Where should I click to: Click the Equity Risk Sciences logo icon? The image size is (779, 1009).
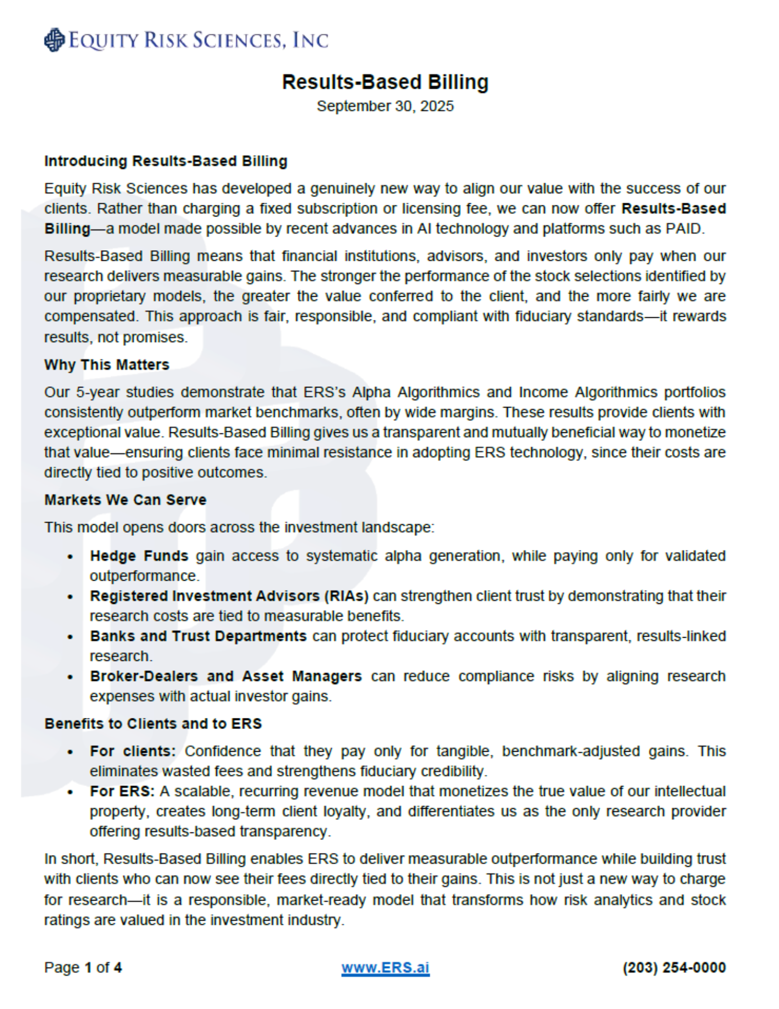[x=54, y=40]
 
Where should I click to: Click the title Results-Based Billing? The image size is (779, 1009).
[x=385, y=82]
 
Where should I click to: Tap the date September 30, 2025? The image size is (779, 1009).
[x=385, y=106]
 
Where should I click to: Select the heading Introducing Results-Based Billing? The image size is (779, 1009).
[x=165, y=161]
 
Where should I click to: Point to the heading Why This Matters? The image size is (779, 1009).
[x=106, y=365]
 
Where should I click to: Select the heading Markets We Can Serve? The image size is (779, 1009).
[x=125, y=500]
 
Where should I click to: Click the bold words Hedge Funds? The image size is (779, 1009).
[x=139, y=556]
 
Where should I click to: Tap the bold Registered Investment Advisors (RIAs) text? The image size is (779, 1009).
[x=229, y=596]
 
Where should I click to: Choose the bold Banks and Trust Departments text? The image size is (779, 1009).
[x=198, y=636]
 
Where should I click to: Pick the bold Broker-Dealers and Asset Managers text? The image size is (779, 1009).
[x=225, y=677]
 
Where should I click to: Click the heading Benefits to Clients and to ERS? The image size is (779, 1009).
[x=153, y=724]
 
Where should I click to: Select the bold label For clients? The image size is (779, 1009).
[x=133, y=751]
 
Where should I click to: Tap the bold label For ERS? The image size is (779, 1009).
[x=122, y=792]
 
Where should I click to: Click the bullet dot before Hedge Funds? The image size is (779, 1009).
[x=70, y=557]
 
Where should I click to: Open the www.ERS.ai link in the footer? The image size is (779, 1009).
[x=385, y=968]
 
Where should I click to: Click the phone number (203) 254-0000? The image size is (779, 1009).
[x=674, y=968]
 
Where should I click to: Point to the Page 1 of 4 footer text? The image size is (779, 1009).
[x=83, y=968]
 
